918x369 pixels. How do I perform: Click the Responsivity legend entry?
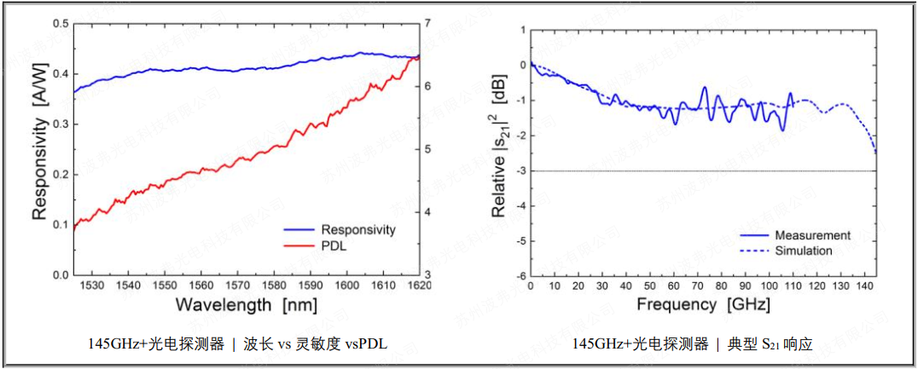pos(357,230)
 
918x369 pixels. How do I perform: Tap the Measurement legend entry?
pos(812,235)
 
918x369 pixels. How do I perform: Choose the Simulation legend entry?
pos(803,251)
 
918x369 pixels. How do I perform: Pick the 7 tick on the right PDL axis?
pos(429,24)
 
